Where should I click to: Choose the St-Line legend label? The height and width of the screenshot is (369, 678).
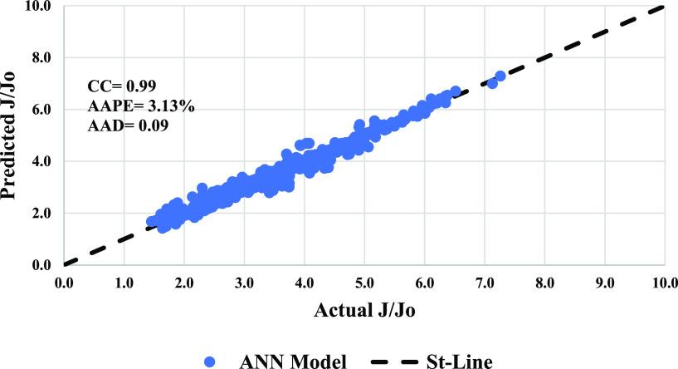pyautogui.click(x=456, y=361)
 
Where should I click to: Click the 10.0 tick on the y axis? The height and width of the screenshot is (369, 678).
pyautogui.click(x=40, y=7)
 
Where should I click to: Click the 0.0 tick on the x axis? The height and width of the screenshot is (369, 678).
pyautogui.click(x=63, y=283)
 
